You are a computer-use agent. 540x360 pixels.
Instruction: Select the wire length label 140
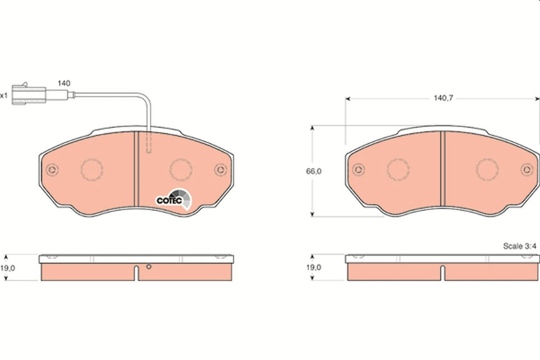[64, 83]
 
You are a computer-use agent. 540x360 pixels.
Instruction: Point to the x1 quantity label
[3, 96]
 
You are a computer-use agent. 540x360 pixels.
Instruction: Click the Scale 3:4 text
[520, 246]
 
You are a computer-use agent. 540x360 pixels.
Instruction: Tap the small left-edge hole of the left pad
[52, 169]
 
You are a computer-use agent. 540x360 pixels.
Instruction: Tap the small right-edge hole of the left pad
[221, 169]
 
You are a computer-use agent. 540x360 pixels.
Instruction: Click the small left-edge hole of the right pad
[358, 169]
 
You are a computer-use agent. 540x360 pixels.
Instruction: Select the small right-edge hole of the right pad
[527, 169]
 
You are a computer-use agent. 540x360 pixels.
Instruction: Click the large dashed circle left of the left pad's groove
[92, 169]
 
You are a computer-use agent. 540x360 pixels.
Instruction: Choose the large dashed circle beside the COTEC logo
[181, 169]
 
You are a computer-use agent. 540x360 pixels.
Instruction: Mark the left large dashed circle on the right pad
[398, 169]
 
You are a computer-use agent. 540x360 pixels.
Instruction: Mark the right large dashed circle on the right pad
[487, 169]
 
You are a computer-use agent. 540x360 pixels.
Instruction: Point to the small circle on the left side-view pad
[148, 267]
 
